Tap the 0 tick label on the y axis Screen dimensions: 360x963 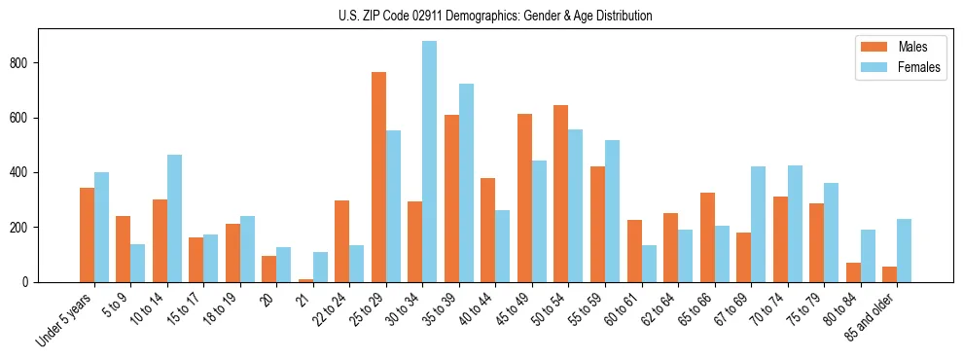29,282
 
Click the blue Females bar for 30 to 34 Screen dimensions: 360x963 430,162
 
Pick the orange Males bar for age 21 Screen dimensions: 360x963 305,280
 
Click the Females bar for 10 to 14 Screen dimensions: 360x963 174,219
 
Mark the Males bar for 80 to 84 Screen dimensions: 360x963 853,272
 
